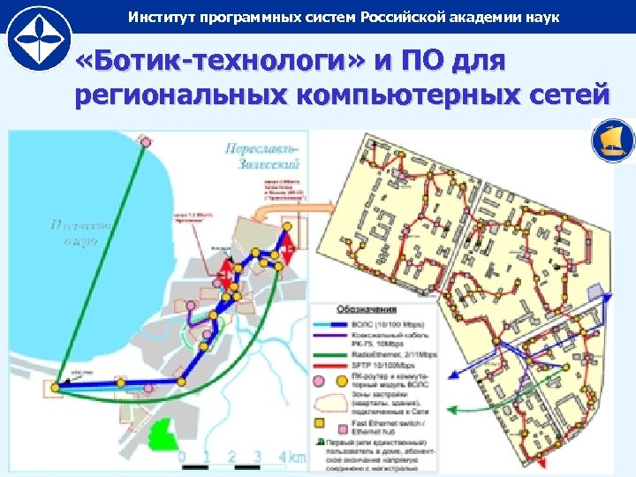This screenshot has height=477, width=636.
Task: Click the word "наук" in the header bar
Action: [541, 18]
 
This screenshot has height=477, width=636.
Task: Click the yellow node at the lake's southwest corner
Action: [56, 387]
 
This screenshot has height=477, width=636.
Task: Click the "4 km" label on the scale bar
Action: [291, 458]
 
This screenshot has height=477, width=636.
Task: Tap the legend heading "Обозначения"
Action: [367, 310]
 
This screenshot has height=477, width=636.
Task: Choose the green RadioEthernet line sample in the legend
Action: [331, 354]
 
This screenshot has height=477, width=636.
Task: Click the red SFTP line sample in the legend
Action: [331, 366]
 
